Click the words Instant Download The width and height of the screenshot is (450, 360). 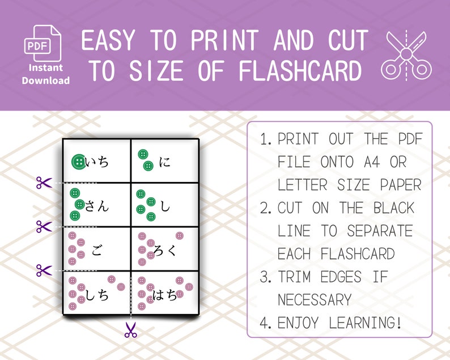(46, 74)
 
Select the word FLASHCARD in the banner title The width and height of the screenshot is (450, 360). (300, 72)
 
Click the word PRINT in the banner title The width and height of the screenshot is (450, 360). (227, 41)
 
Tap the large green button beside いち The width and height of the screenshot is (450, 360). (79, 162)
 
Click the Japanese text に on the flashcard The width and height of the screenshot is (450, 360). (165, 162)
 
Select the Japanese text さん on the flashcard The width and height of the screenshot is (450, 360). (96, 206)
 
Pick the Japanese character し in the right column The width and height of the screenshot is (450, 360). (165, 206)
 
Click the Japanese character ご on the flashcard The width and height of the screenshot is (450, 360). (97, 250)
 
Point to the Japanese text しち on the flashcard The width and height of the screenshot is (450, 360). (96, 295)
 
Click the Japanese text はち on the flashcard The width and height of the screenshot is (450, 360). (165, 295)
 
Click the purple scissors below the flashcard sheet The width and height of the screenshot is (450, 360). (131, 330)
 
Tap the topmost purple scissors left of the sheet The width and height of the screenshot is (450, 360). (44, 183)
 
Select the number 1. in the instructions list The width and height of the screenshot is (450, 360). (266, 140)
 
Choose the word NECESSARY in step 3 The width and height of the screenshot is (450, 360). (315, 299)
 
